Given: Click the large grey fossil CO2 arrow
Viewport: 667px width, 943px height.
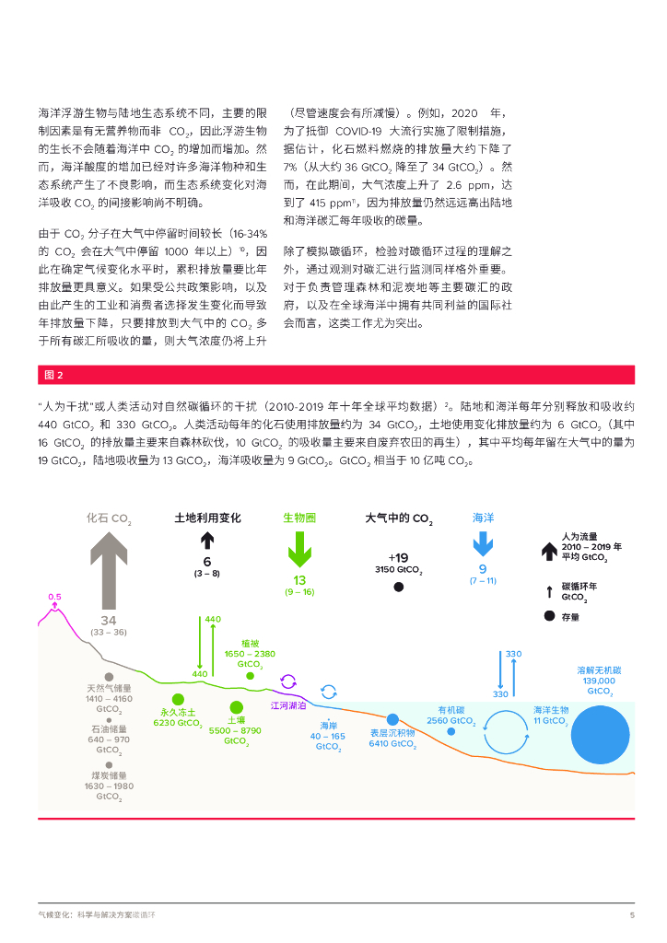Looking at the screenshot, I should (109, 570).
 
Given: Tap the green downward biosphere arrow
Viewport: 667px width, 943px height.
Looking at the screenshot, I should (298, 551).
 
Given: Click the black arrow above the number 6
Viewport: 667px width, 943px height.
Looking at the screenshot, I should (207, 541).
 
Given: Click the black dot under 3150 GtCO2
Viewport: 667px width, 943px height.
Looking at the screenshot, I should (398, 587).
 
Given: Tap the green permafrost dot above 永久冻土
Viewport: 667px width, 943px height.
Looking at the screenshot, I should (178, 700).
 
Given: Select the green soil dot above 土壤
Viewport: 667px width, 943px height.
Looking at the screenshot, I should (236, 707).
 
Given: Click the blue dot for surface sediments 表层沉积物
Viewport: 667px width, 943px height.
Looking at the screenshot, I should (392, 719).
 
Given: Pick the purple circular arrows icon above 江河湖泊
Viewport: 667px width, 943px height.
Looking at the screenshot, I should (288, 682).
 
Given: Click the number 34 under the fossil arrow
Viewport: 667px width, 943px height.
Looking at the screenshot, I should (109, 621).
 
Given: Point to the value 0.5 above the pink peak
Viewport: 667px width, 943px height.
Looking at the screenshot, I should (54, 597).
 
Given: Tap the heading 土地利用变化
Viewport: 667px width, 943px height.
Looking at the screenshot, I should (207, 518).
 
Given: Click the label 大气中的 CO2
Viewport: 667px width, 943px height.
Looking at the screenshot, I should (398, 518).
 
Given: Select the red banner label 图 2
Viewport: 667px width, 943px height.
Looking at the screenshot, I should (53, 375).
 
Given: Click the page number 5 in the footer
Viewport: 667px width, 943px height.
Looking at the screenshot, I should (632, 914).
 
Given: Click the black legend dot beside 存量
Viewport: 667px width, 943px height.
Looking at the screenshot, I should (549, 616).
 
